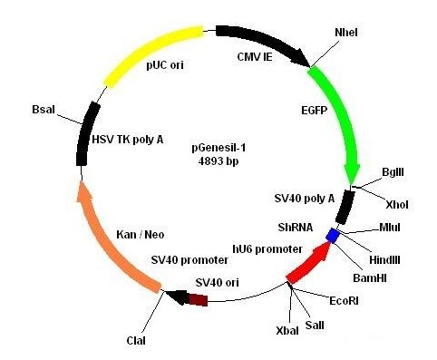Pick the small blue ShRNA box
pos(333,236)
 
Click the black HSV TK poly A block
pos(86,131)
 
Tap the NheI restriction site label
pos(346,33)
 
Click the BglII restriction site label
pos(393,172)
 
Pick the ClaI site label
pos(135,341)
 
